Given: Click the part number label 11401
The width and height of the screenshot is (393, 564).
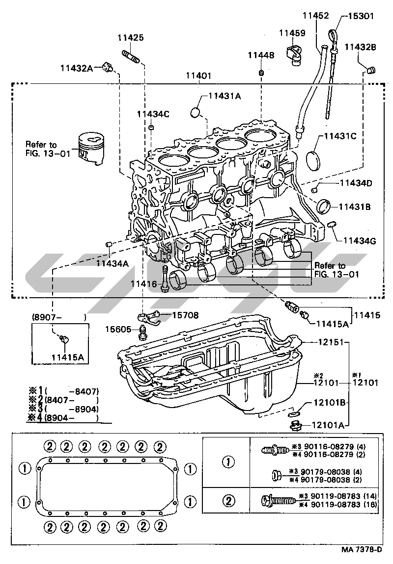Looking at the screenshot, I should coord(198,77).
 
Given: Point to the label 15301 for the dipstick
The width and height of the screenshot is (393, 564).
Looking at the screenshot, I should coord(361,16).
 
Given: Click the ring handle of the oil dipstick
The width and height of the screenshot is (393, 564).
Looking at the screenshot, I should coord(335,35).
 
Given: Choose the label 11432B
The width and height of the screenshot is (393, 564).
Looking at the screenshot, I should coord(360,47).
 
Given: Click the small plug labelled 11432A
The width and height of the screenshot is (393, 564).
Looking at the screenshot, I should coord(109,68).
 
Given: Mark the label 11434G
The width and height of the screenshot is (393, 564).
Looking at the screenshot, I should coord(359,241).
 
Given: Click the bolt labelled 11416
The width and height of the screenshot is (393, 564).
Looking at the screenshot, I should coord(165,279).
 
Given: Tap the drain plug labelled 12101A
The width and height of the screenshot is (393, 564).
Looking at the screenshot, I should coord(294,425).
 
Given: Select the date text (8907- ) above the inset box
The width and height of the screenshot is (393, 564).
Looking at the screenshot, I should coord(58,317).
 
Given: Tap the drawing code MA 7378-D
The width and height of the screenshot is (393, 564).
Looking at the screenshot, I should coord(362,549).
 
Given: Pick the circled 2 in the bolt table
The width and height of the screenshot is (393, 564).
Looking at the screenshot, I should coord(228,501).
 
